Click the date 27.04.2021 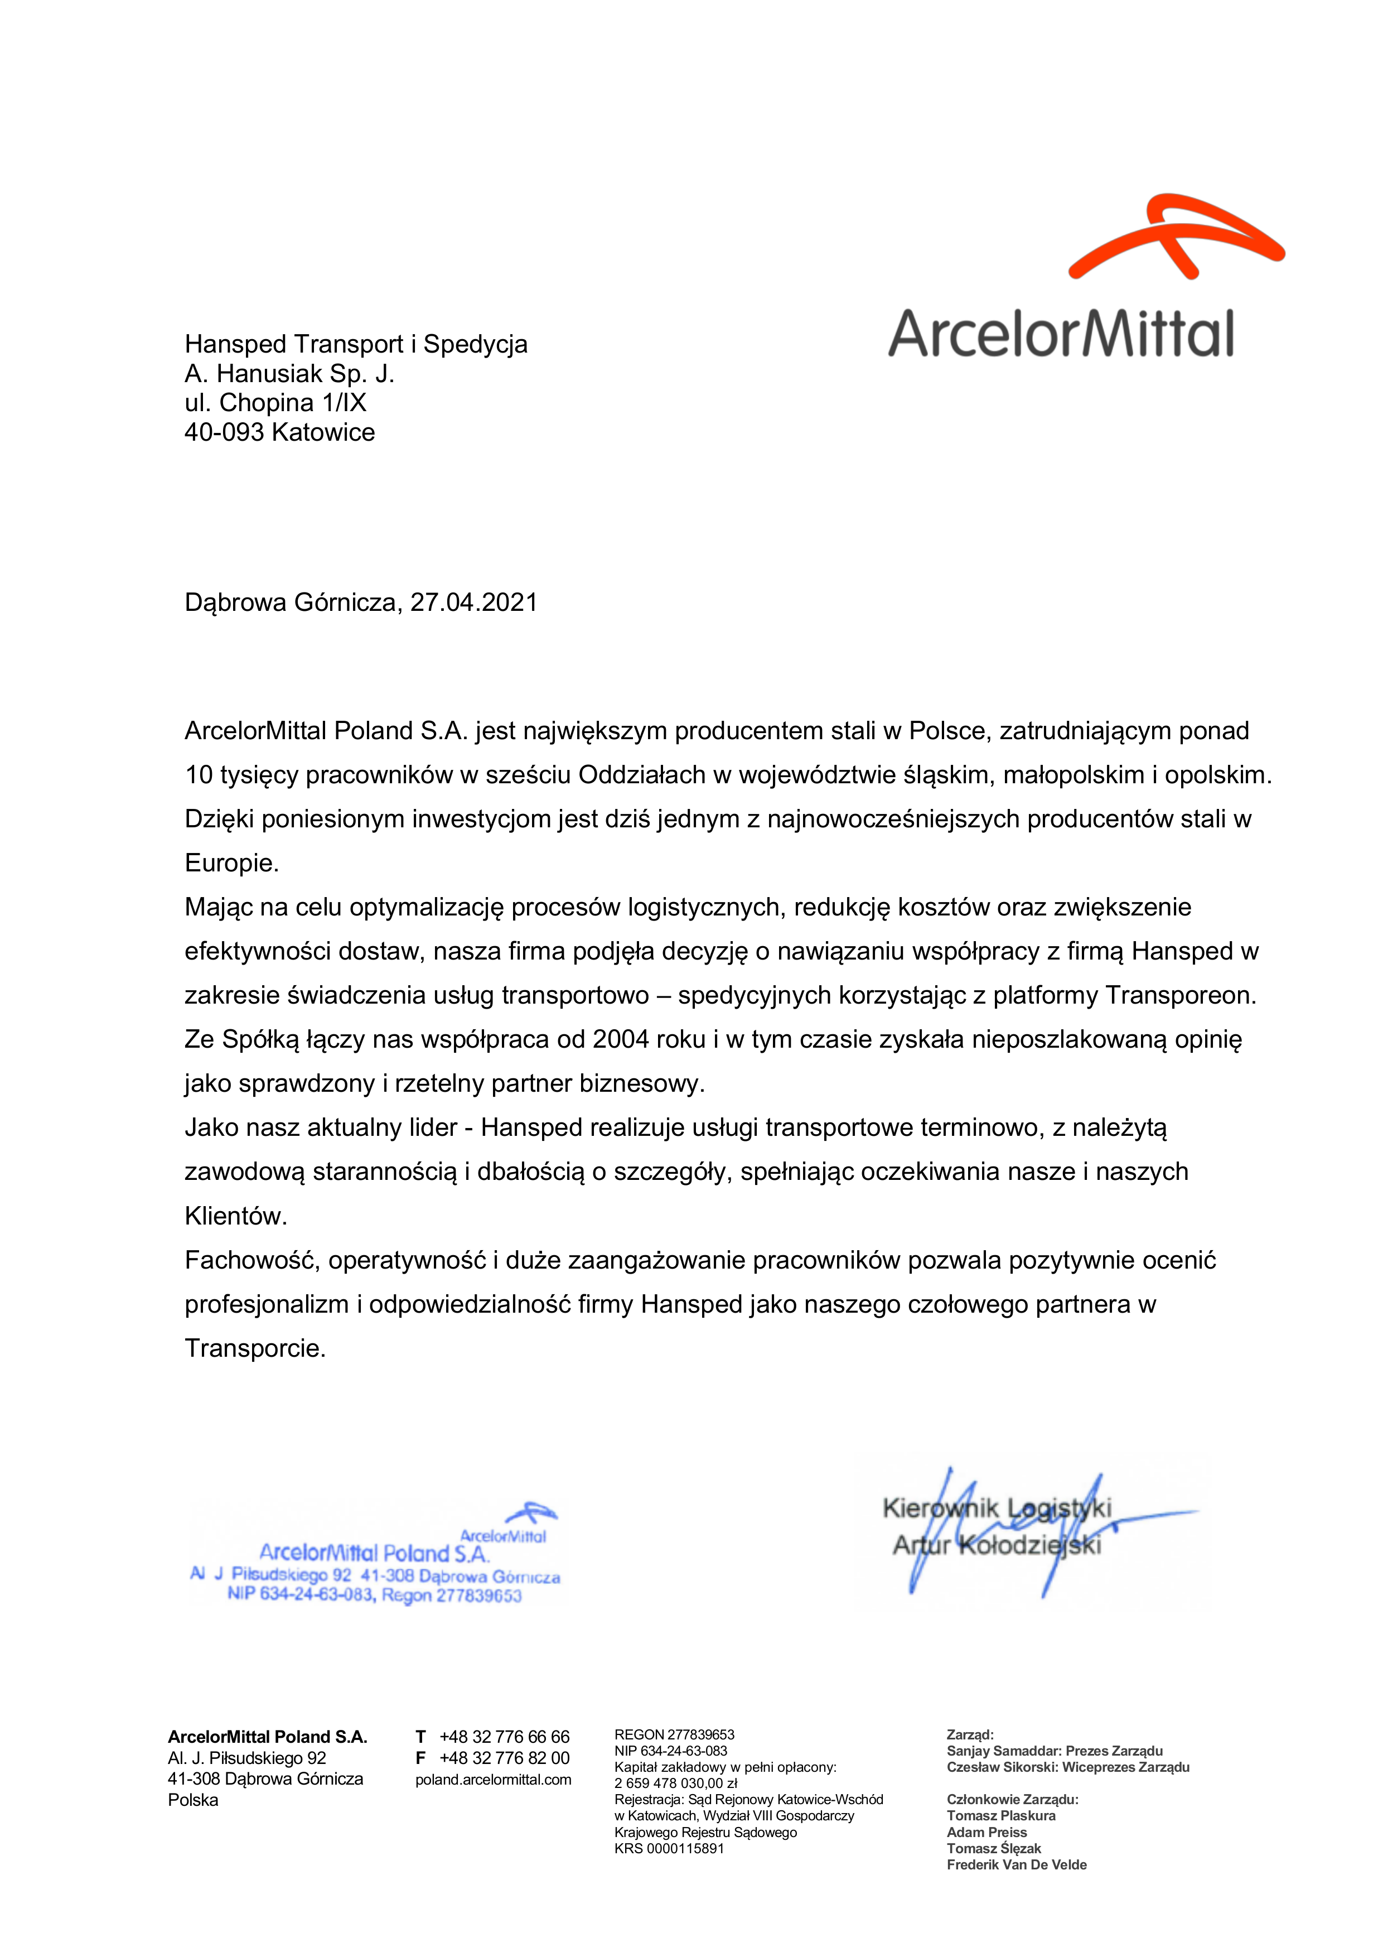coord(474,602)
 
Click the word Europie coord(232,864)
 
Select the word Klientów coord(235,1216)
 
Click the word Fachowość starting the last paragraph coord(252,1261)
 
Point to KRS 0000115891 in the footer coord(669,1849)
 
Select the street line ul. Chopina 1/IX coord(275,403)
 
